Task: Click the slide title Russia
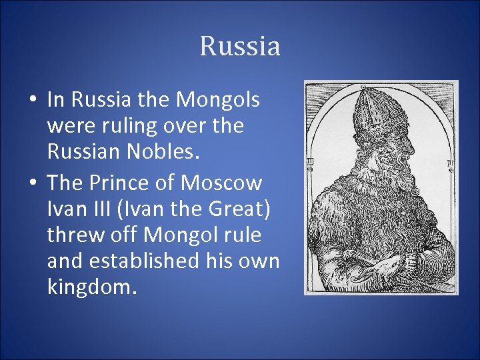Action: tap(240, 47)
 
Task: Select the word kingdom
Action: tap(92, 288)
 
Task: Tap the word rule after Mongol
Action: tap(238, 235)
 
